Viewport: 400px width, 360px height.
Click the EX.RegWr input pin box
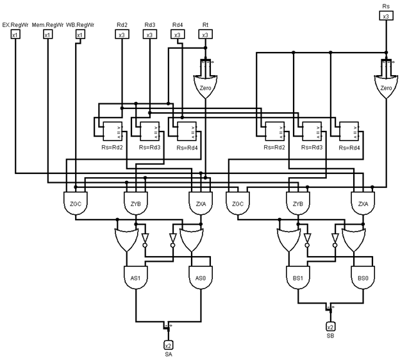tap(15, 34)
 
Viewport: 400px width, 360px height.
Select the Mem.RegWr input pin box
tap(47, 34)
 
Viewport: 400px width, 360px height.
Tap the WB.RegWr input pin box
tap(79, 34)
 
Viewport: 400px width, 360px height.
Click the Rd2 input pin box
tap(121, 34)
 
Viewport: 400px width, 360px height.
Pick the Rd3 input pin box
tap(149, 34)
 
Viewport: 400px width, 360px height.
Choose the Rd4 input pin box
tap(177, 34)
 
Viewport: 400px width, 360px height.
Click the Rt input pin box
tap(205, 34)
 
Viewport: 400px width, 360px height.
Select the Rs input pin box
tap(385, 16)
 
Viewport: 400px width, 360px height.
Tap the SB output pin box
tap(331, 327)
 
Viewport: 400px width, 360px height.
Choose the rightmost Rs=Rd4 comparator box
tap(349, 132)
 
